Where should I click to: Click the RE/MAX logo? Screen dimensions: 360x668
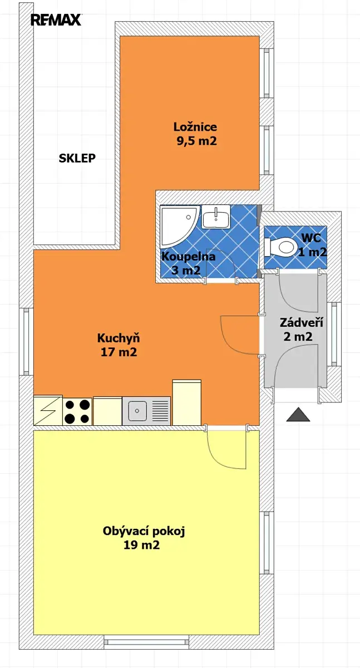[56, 19]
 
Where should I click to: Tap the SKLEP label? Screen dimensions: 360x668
[77, 158]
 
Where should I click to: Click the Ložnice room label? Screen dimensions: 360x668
[195, 127]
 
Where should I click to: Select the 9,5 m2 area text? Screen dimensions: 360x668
[196, 141]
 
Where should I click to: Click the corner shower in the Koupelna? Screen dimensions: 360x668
[179, 227]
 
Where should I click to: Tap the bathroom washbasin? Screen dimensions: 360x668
[216, 217]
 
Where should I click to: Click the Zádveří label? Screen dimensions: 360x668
[302, 323]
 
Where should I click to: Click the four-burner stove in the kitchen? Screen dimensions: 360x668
[77, 411]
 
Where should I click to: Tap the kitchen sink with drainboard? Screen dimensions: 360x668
[146, 411]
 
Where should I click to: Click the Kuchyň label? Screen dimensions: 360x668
[119, 338]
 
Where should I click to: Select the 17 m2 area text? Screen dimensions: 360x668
[119, 352]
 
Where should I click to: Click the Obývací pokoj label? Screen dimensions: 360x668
[144, 531]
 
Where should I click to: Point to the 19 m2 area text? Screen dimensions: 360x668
[141, 545]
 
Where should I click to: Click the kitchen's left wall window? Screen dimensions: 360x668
[27, 341]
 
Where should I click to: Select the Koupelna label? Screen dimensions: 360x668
[188, 257]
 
